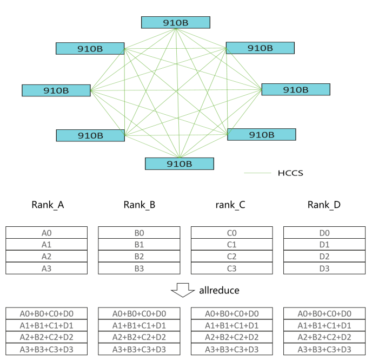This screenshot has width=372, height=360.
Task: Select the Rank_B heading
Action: tap(139, 205)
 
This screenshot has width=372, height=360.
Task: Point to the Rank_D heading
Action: tap(324, 205)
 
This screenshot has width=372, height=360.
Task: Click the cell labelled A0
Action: tap(46, 233)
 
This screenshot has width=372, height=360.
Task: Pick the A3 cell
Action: tap(46, 268)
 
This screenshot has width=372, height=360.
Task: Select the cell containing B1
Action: tap(139, 245)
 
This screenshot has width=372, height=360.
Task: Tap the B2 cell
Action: tap(139, 257)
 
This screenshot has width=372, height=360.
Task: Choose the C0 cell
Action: tap(232, 233)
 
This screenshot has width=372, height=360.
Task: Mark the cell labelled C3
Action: tap(232, 268)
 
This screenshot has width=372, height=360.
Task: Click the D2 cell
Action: tap(324, 257)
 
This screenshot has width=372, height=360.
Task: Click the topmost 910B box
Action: tap(175, 22)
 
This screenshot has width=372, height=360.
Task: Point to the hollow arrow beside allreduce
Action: tap(182, 291)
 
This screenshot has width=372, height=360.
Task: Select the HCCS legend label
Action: tap(291, 173)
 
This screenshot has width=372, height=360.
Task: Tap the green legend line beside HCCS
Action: tap(257, 174)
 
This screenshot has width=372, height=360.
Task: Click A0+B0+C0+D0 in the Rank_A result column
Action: tap(46, 313)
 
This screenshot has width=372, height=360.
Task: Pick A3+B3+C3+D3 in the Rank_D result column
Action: tap(324, 349)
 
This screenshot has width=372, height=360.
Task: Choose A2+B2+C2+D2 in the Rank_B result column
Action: tap(139, 337)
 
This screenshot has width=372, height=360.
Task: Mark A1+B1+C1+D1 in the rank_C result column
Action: tap(232, 325)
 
